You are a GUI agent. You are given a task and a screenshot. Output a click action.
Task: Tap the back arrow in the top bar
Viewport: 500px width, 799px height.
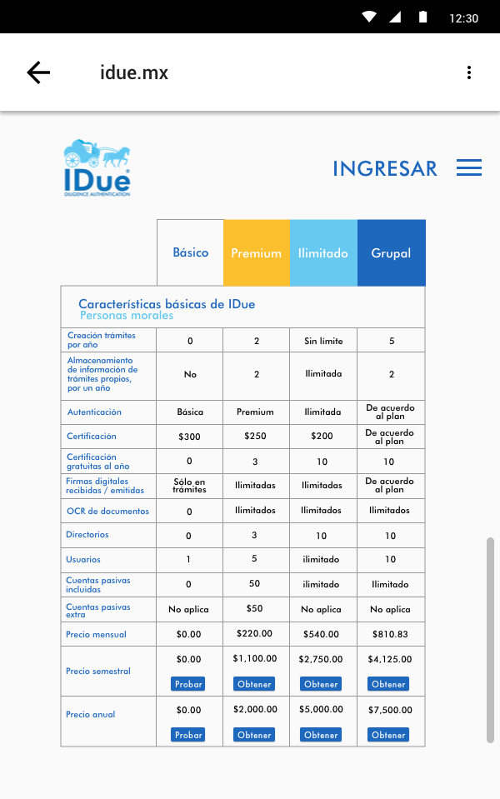pos(38,72)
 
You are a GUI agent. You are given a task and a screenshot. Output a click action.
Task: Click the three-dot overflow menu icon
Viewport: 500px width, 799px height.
pos(469,72)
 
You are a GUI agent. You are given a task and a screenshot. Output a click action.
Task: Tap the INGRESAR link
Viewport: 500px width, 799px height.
pos(384,168)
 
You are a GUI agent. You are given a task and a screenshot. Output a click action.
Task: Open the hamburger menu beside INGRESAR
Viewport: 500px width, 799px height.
pos(469,167)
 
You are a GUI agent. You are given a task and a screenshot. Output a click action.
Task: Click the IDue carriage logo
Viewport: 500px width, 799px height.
pos(97,167)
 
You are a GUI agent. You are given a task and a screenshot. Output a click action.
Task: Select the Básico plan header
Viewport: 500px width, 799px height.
pos(190,252)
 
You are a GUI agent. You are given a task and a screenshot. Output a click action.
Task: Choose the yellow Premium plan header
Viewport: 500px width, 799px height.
pos(256,253)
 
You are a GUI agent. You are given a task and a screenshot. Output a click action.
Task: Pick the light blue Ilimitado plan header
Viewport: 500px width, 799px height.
pos(323,253)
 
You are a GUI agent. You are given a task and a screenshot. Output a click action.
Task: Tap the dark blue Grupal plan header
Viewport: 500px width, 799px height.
pos(391,253)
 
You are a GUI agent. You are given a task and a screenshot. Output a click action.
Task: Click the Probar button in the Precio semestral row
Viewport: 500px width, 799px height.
pos(188,684)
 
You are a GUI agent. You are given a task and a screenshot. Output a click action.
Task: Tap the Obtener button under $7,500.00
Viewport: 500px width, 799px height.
pos(388,735)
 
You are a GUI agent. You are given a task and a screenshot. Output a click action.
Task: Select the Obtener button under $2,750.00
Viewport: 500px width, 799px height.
pos(321,684)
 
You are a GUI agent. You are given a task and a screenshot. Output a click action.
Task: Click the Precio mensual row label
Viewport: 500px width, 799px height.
pos(96,635)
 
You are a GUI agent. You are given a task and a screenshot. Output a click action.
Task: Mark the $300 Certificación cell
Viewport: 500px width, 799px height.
pos(189,437)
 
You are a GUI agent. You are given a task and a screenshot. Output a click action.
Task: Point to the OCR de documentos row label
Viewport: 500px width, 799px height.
pos(96,511)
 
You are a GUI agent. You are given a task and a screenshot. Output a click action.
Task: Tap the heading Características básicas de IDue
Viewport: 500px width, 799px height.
pos(167,304)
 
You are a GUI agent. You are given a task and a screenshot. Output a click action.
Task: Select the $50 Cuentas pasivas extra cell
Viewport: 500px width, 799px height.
pos(255,609)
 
